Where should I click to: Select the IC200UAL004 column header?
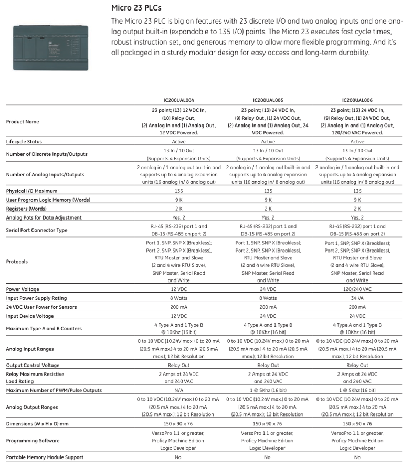(178, 100)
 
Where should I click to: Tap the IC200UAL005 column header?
(268, 100)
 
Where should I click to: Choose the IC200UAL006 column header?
(357, 100)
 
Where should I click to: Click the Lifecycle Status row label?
(24, 142)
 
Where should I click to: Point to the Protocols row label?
(17, 262)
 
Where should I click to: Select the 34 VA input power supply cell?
(357, 298)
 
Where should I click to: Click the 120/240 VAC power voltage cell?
(357, 289)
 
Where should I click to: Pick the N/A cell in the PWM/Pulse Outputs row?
(178, 390)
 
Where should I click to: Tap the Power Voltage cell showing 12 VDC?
(178, 289)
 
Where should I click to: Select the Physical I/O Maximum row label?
(32, 191)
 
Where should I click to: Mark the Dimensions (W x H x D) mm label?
(38, 423)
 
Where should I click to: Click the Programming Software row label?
(33, 441)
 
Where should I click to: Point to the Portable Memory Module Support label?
(45, 457)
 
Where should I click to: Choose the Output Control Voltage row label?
(33, 365)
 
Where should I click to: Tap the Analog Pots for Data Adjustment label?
(44, 217)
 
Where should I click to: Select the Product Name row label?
(23, 122)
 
